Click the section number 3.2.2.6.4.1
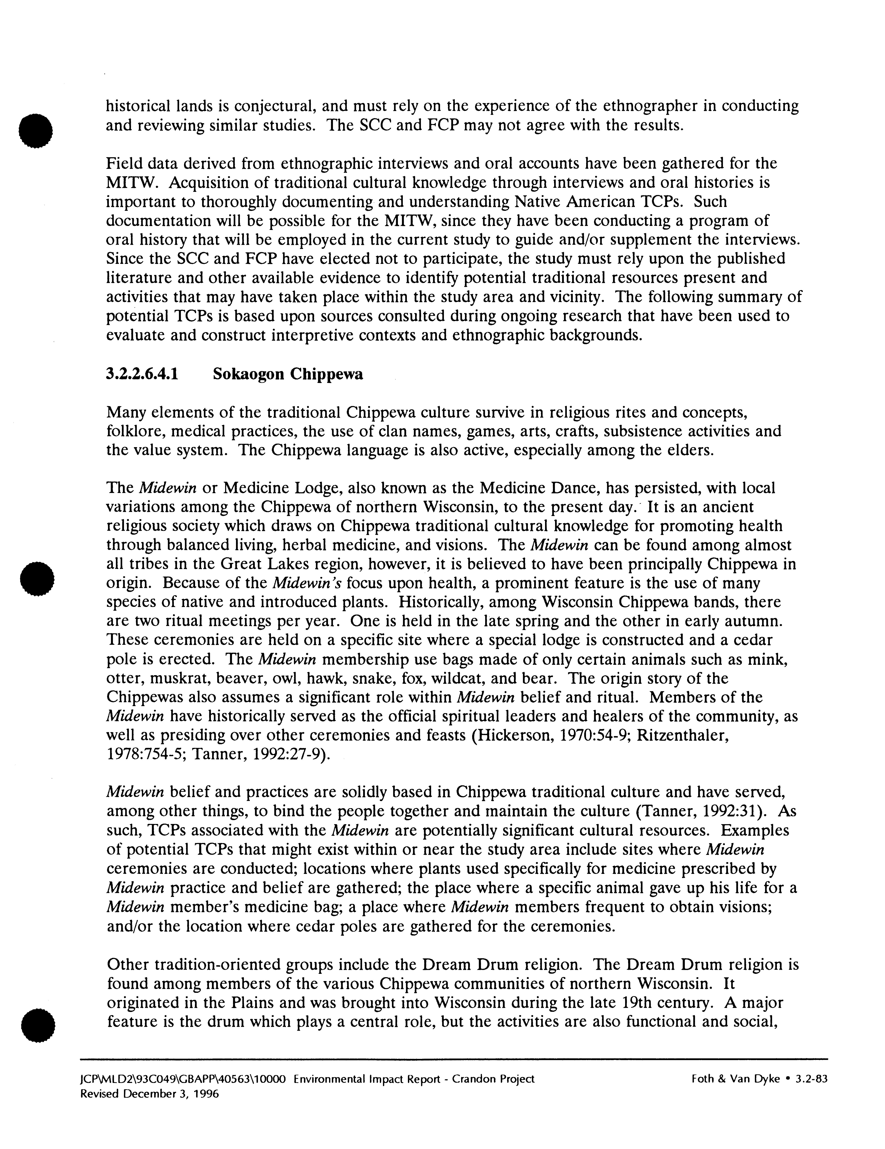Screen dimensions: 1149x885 click(142, 374)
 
